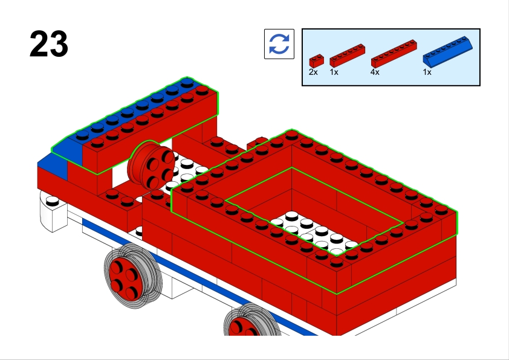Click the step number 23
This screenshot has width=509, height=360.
49,43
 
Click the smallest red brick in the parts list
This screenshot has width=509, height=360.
317,60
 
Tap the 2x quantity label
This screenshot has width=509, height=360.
313,72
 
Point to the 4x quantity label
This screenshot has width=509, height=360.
375,72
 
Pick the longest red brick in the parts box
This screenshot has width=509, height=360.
394,54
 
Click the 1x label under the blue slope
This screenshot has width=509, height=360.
427,72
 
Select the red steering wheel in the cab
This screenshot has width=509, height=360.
151,165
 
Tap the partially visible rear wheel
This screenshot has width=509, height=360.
251,321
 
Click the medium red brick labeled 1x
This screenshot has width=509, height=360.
348,56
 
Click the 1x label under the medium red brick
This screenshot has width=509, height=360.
334,72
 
